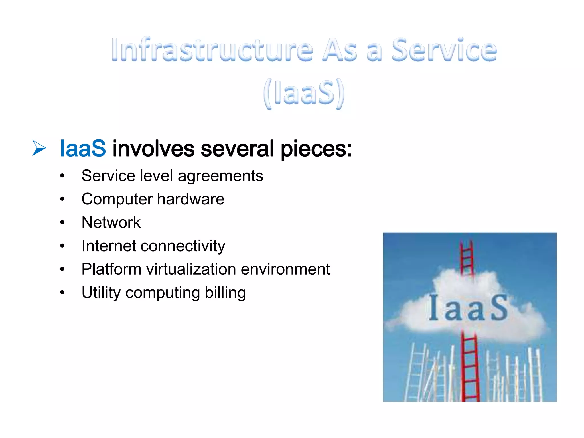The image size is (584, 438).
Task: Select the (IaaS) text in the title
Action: [304, 93]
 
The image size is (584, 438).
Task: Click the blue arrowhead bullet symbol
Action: [38, 148]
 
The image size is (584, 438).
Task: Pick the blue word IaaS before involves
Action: [83, 149]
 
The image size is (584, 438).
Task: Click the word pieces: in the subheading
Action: [316, 149]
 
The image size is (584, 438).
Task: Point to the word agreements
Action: [220, 176]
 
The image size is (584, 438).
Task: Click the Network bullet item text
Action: [111, 222]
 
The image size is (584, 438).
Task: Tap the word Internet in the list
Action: [109, 246]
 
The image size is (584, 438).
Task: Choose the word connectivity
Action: [182, 246]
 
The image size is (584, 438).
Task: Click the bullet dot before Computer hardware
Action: [62, 199]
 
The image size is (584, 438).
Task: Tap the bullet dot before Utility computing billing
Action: [62, 293]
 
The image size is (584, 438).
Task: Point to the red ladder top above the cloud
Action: [467, 257]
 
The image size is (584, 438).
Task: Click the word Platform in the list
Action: [111, 269]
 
